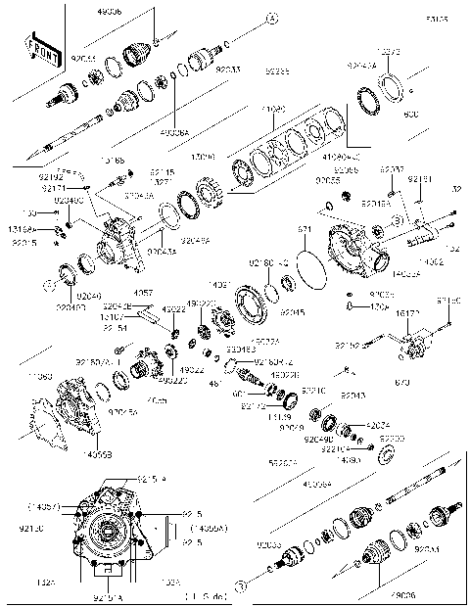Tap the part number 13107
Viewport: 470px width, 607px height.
tap(112, 317)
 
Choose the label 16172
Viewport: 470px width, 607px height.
tap(408, 314)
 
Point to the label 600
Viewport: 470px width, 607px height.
tap(411, 115)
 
